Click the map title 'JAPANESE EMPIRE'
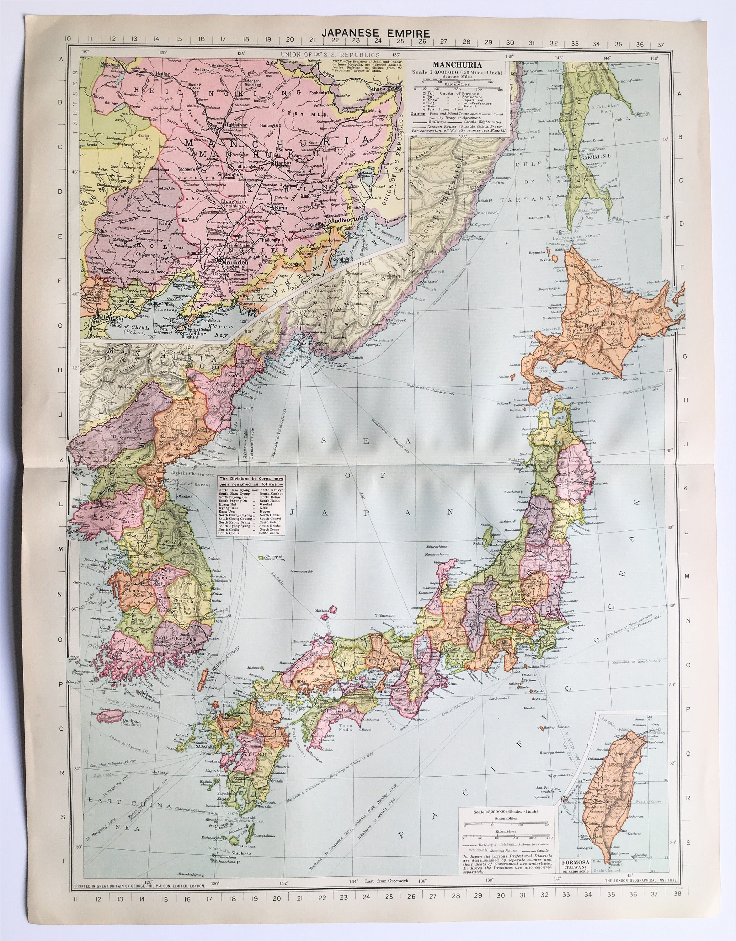coord(368,33)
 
